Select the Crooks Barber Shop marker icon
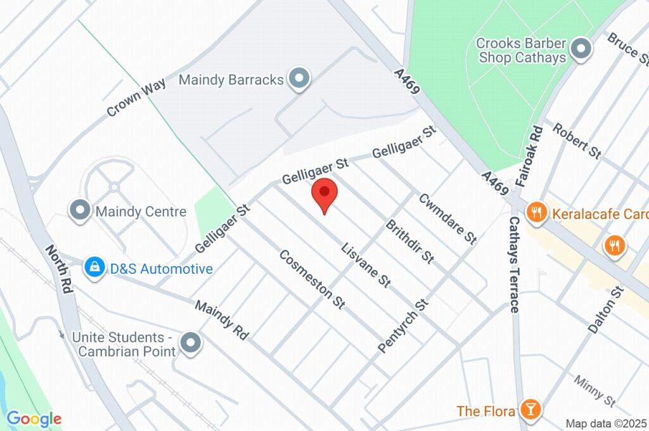(x=580, y=49)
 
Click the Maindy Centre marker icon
(x=80, y=211)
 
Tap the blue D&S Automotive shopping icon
(x=94, y=269)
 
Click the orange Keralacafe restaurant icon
(x=537, y=213)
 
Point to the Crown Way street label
(x=136, y=96)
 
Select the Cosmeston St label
(x=312, y=279)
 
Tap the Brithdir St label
(x=410, y=241)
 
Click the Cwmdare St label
(x=447, y=219)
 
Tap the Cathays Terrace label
(x=514, y=264)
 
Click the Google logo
(x=34, y=418)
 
